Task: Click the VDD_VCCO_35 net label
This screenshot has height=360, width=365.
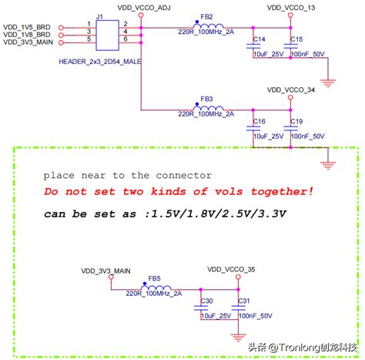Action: click(x=232, y=268)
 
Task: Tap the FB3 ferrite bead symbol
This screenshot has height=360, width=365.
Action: click(x=207, y=108)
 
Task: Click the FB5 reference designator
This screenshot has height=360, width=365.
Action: click(x=155, y=277)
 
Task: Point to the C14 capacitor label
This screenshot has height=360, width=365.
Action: click(x=260, y=39)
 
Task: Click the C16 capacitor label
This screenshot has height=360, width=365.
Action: click(x=260, y=122)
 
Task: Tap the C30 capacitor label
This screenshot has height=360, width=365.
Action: click(x=206, y=301)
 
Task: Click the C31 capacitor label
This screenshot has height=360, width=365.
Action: click(x=244, y=301)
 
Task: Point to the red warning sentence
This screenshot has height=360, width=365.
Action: click(x=168, y=191)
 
